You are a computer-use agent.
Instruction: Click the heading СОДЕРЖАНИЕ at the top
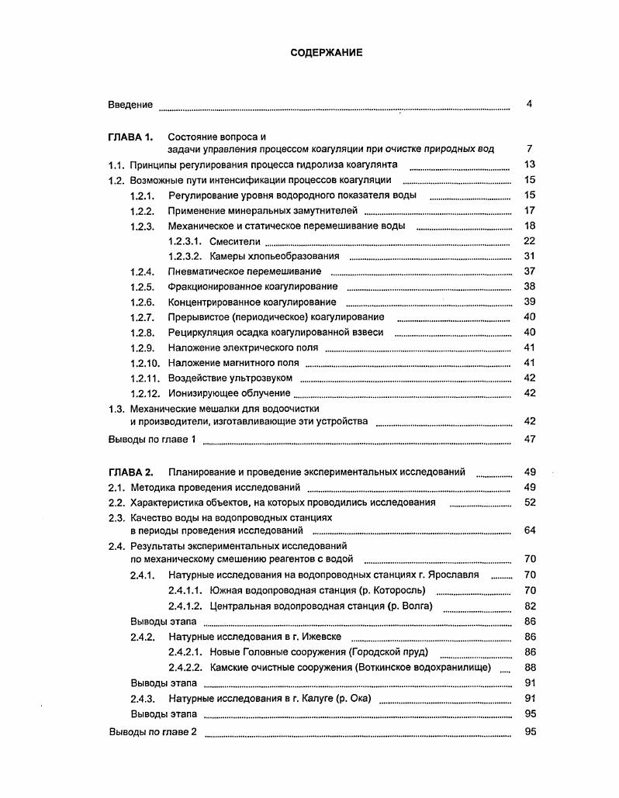click(326, 53)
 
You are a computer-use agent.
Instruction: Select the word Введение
click(130, 105)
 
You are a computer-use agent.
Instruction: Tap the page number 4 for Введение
click(529, 104)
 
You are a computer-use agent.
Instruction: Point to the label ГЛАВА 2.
click(131, 472)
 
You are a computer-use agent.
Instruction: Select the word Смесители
click(235, 241)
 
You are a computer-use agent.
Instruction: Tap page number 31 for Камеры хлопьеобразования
click(530, 256)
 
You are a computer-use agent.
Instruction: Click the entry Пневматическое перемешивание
click(244, 271)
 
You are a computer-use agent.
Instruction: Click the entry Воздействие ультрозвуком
click(230, 378)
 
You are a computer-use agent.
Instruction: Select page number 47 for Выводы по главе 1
click(530, 439)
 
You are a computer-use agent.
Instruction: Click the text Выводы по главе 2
click(154, 731)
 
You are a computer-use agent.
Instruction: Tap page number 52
click(530, 502)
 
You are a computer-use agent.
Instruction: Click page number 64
click(530, 530)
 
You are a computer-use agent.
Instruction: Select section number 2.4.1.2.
click(185, 606)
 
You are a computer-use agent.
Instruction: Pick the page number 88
click(530, 667)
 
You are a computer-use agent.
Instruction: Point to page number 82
click(530, 606)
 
